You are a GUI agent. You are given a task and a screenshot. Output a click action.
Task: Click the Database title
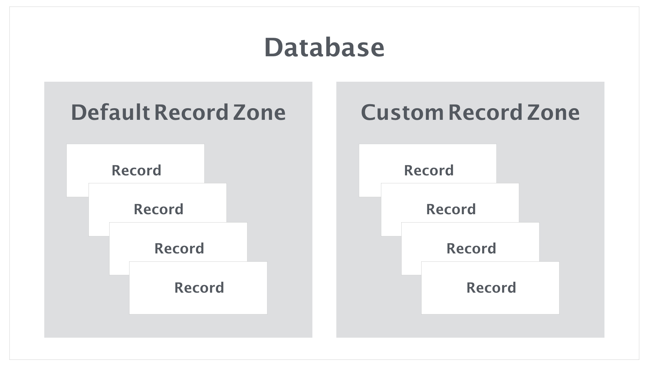click(x=324, y=48)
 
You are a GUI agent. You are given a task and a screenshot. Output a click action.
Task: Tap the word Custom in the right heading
click(x=402, y=112)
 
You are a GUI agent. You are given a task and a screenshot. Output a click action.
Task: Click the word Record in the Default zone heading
click(x=191, y=112)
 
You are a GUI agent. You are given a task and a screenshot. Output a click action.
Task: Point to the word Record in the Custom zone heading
click(x=485, y=112)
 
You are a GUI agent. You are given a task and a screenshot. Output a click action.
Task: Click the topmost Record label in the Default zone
click(x=136, y=170)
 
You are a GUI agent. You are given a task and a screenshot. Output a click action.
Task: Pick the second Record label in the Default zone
click(x=159, y=210)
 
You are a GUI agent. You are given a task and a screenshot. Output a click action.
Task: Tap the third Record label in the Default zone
click(x=179, y=249)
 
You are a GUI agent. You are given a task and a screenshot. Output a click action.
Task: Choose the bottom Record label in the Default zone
click(x=199, y=288)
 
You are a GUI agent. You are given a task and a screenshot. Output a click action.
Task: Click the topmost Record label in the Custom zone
click(x=429, y=170)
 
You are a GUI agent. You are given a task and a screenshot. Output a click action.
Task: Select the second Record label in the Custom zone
click(x=451, y=210)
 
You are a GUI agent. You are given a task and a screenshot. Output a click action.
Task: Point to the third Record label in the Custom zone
click(x=471, y=249)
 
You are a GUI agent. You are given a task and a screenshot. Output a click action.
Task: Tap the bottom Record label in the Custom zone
click(x=491, y=288)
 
